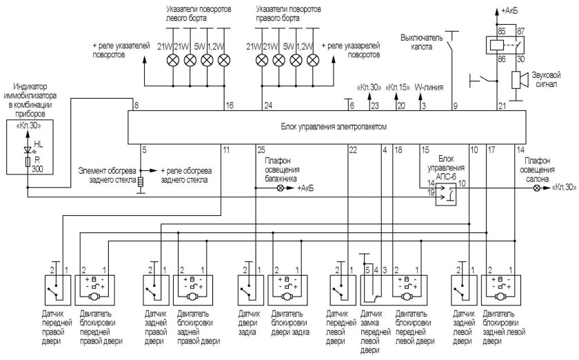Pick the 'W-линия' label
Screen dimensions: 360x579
pyautogui.click(x=429, y=88)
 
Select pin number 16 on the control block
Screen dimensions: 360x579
pyautogui.click(x=229, y=106)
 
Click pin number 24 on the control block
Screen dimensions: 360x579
pyautogui.click(x=268, y=106)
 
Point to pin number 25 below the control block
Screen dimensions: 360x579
pyautogui.click(x=261, y=150)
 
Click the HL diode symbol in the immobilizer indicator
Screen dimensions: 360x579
pyautogui.click(x=28, y=150)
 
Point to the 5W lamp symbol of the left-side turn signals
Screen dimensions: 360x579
pyautogui.click(x=206, y=61)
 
